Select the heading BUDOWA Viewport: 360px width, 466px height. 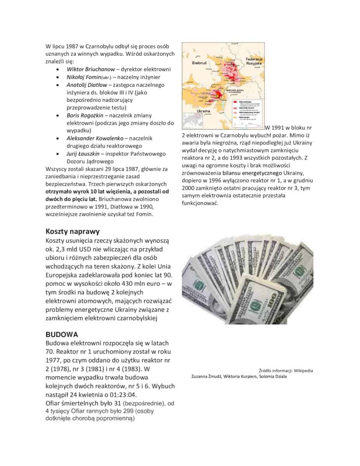pyautogui.click(x=62, y=334)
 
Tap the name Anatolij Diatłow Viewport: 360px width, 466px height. pyautogui.click(x=87, y=85)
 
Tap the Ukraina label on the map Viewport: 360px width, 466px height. pyautogui.click(x=201, y=111)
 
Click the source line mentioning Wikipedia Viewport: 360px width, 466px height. pyautogui.click(x=286, y=370)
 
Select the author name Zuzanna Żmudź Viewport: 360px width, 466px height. pyautogui.click(x=206, y=376)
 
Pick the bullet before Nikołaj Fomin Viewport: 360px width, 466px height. pyautogui.click(x=58, y=77)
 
